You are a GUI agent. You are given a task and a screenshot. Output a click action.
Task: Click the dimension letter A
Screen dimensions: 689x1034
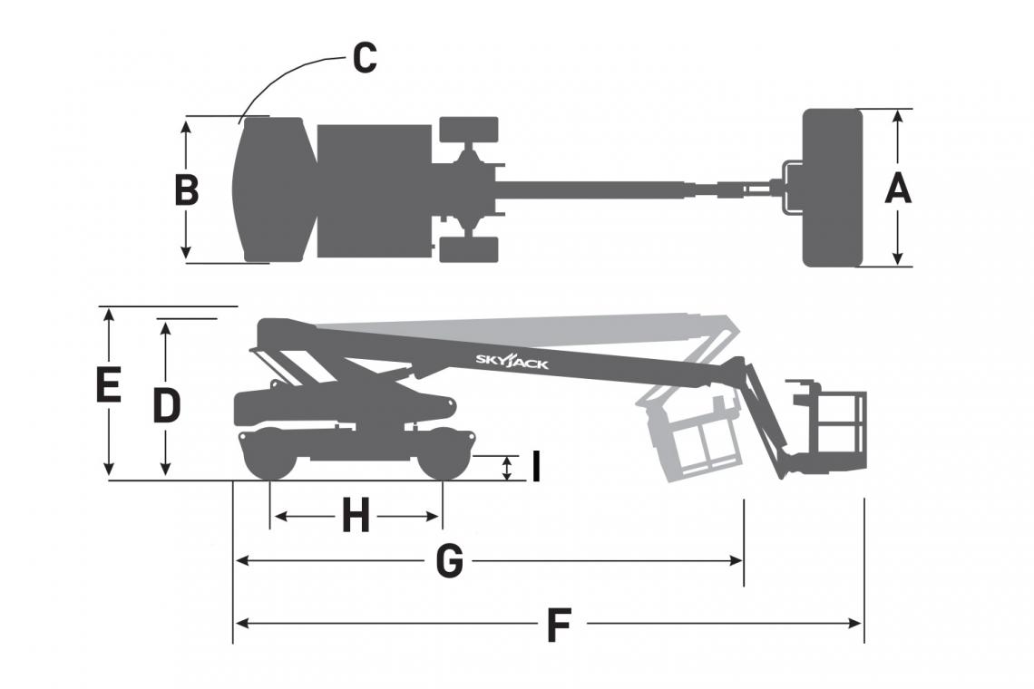click(897, 189)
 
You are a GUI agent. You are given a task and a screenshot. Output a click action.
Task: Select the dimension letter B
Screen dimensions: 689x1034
click(186, 190)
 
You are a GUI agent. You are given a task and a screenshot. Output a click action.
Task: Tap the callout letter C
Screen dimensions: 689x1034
click(364, 58)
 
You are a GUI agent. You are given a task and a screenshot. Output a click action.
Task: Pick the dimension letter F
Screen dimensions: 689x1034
click(560, 626)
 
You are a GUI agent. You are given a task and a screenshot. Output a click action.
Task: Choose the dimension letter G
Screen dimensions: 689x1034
click(449, 562)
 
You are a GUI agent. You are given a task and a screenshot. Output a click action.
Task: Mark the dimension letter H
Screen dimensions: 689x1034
click(356, 517)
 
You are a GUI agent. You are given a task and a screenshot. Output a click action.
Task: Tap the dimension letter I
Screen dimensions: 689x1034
click(535, 468)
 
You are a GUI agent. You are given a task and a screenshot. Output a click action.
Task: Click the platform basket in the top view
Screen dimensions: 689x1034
click(832, 188)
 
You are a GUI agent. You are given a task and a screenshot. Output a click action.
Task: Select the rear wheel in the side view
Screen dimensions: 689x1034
click(269, 457)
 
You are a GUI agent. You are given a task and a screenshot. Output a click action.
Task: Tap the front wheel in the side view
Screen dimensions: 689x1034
click(443, 457)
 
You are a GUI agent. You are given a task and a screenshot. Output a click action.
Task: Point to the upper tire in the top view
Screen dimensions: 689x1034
click(469, 129)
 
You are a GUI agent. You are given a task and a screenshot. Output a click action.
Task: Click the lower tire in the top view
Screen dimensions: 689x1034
click(469, 249)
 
